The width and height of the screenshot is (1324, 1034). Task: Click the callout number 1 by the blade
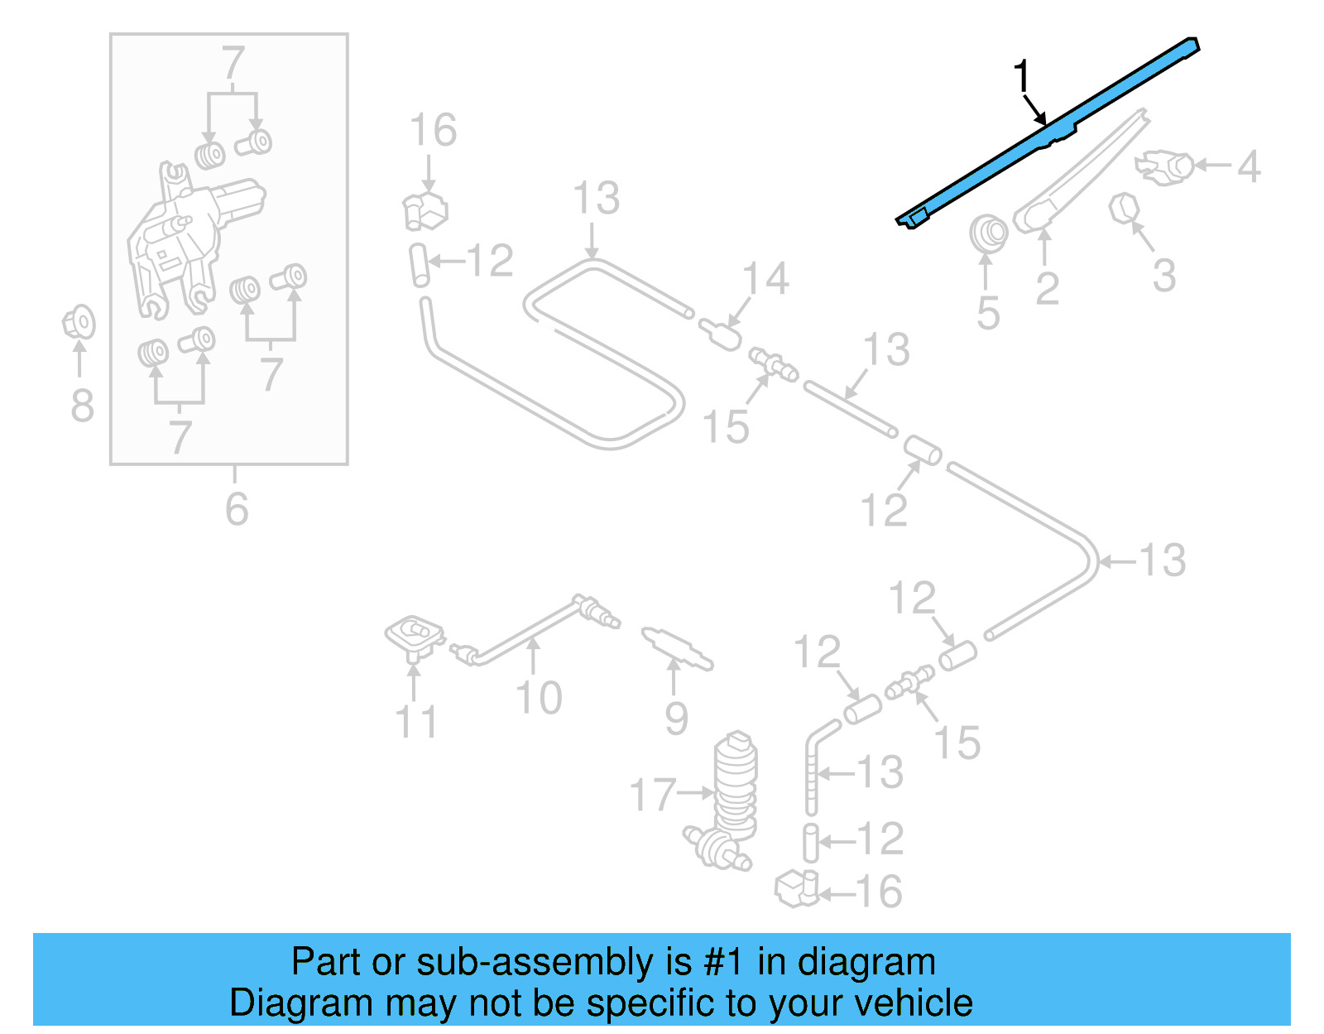pyautogui.click(x=1023, y=77)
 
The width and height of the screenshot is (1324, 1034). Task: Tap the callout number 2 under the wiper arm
pyautogui.click(x=1047, y=288)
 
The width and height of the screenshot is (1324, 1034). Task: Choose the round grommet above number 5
pyautogui.click(x=988, y=233)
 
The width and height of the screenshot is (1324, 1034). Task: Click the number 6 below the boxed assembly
pyautogui.click(x=237, y=507)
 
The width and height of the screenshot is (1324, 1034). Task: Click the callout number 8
pyautogui.click(x=82, y=406)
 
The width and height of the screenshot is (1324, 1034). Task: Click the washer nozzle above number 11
pyautogui.click(x=415, y=637)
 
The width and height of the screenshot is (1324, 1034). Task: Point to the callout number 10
pyautogui.click(x=539, y=697)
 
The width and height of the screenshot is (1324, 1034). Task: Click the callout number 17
pyautogui.click(x=653, y=794)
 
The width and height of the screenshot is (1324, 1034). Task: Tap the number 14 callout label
pyautogui.click(x=765, y=279)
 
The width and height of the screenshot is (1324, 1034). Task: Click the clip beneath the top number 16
pyautogui.click(x=425, y=209)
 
